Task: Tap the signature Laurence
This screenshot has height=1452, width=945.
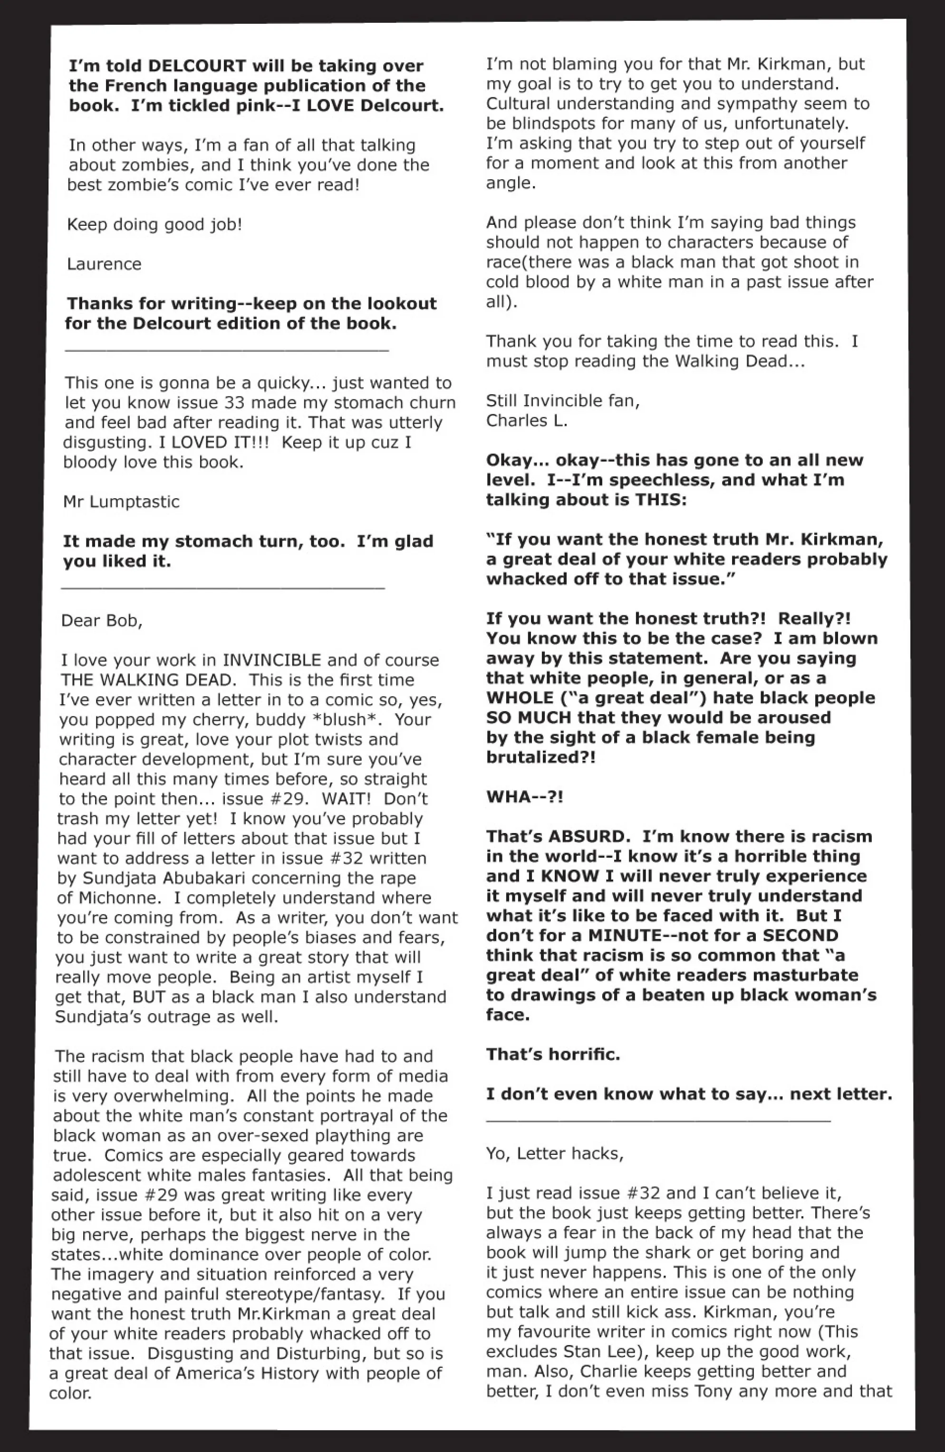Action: click(104, 264)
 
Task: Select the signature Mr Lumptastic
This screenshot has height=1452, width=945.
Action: click(121, 502)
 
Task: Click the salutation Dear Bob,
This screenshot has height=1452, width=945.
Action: click(101, 620)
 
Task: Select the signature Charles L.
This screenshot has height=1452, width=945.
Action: click(527, 420)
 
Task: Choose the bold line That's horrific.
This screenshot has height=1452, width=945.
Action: click(553, 1054)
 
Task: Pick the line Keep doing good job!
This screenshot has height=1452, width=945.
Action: click(154, 224)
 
